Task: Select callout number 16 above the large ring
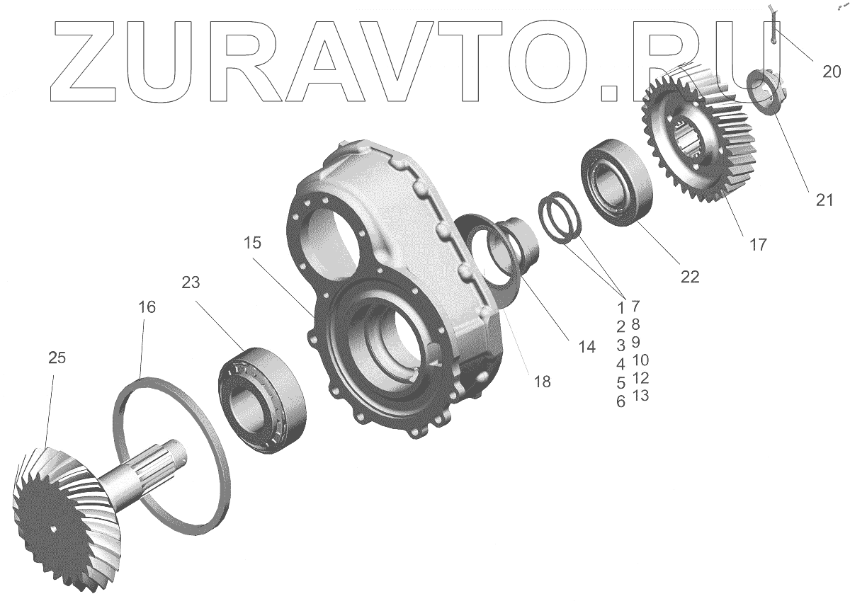[147, 307]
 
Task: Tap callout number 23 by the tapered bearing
[191, 283]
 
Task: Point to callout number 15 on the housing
[253, 243]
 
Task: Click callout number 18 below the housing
[541, 382]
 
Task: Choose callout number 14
[586, 347]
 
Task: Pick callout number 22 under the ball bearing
[689, 277]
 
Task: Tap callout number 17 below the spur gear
[757, 245]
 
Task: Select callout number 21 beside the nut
[824, 200]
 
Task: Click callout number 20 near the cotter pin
[832, 71]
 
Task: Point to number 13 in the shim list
[640, 395]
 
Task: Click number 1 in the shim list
[620, 308]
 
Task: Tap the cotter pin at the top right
[773, 28]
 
